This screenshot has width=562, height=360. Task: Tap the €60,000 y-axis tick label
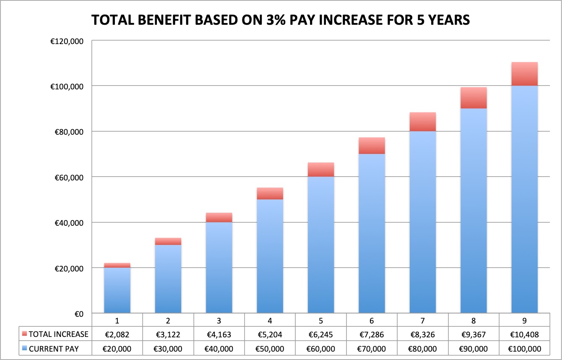69,177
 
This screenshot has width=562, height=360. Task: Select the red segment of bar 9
524,74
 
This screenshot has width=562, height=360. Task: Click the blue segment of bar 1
117,290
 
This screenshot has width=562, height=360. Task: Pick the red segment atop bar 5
321,170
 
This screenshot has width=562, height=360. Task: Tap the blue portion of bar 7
423,222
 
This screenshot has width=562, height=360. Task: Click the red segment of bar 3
219,217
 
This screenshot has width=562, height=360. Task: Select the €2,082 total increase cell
117,334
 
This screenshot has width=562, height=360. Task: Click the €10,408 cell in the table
524,334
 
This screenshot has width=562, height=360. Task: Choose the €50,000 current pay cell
270,349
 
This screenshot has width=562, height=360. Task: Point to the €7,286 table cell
372,334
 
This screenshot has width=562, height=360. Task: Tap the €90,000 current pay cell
474,349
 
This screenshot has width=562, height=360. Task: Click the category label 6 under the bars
372,321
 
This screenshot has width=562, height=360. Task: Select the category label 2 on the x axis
168,321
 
